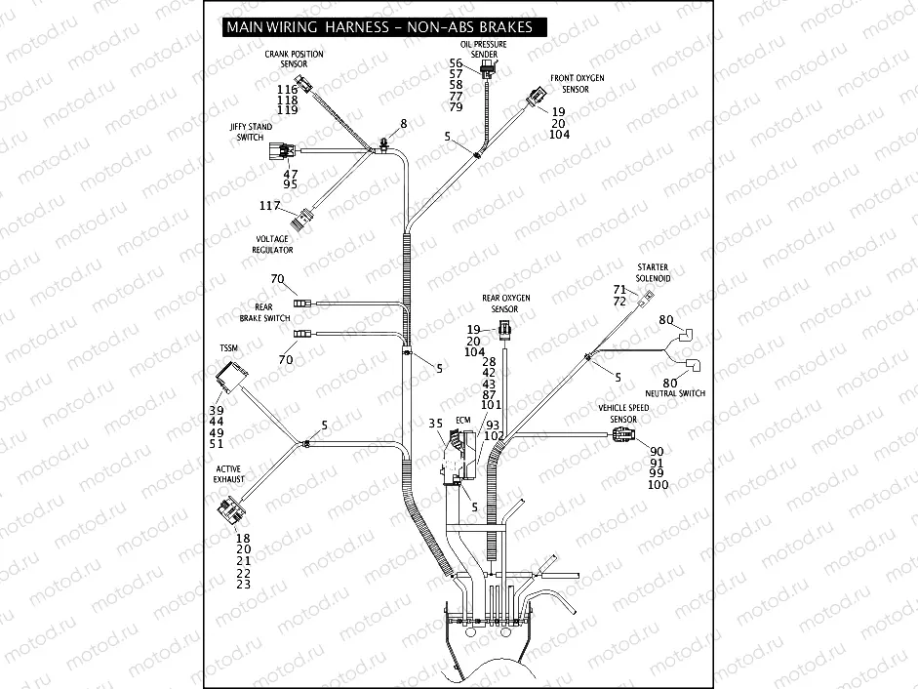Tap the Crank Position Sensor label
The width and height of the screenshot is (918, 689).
[x=294, y=59]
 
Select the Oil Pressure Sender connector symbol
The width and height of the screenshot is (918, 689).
[x=488, y=70]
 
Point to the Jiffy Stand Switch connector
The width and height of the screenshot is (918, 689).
[x=284, y=151]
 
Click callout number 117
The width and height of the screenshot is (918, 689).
[x=269, y=205]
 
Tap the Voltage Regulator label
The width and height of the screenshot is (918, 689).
[x=273, y=244]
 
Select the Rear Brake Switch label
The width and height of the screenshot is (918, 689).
[x=264, y=312]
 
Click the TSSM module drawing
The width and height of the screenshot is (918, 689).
[x=231, y=375]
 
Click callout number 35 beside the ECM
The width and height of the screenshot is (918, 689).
[x=436, y=423]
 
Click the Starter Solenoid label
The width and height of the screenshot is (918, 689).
[x=653, y=272]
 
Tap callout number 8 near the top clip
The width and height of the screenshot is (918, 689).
[x=403, y=124]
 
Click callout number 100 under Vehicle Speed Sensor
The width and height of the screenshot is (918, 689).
[x=659, y=485]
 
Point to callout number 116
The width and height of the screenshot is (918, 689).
[x=287, y=89]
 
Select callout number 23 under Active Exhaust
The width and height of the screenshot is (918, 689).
[x=243, y=585]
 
